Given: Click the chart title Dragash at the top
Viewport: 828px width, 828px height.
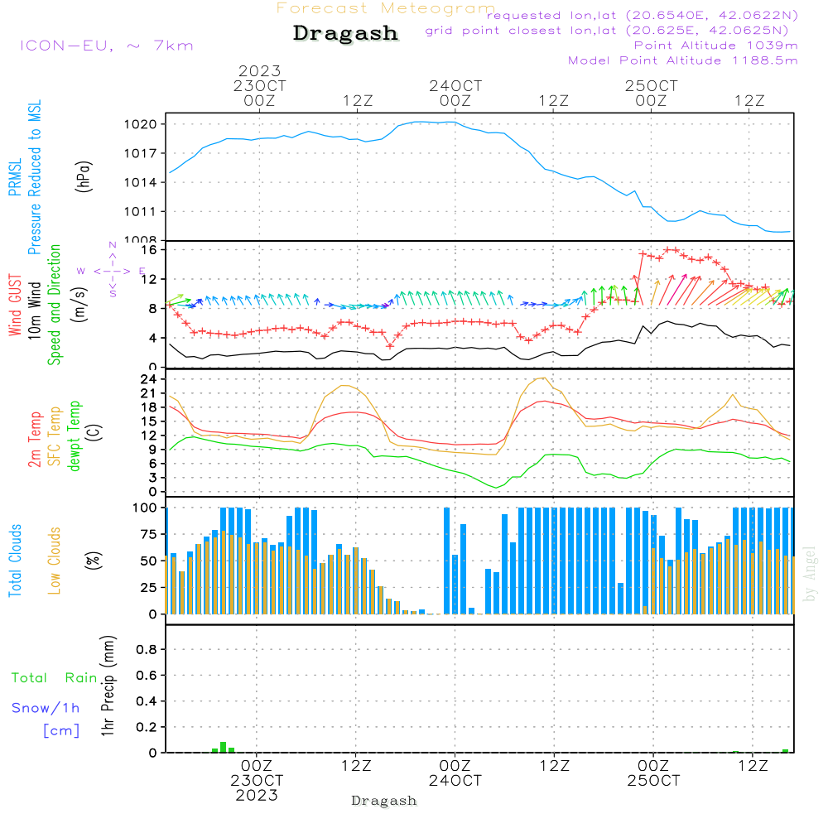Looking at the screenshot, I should coord(345,34).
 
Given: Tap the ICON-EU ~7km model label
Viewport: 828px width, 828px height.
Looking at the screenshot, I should coord(106,46).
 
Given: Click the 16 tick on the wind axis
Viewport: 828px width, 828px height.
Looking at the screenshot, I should coord(152,249).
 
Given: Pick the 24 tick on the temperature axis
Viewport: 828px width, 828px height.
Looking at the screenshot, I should coord(152,379).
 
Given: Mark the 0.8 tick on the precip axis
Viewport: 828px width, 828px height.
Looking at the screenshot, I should coord(147,650).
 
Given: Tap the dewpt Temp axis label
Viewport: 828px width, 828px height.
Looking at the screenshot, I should coord(75,436).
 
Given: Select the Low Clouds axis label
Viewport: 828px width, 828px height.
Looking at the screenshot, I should coord(55,560).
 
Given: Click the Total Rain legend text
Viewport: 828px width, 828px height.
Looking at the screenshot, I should coord(55,678).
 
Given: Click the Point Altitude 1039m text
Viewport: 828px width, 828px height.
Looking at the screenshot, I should coord(715,46).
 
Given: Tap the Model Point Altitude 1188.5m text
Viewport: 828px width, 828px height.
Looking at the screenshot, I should coord(683,60).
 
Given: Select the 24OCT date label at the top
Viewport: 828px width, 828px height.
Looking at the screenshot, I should coord(455,86).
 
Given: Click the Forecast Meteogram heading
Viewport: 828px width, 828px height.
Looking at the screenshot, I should coord(386,8).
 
